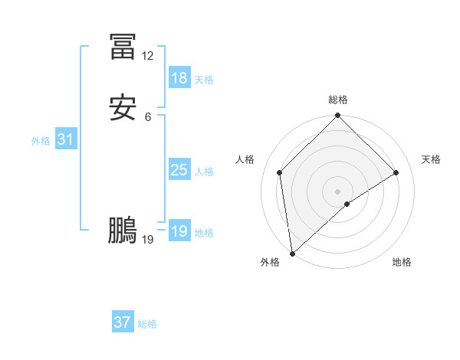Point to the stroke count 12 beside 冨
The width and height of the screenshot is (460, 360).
point(147,56)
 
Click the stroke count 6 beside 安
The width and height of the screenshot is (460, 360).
point(148,116)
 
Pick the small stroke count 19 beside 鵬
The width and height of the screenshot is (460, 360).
point(148,240)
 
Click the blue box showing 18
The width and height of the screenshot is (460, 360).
point(179,78)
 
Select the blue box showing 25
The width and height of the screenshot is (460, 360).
point(179,170)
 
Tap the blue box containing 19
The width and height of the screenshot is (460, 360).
point(179,231)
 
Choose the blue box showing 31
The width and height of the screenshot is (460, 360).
point(65,139)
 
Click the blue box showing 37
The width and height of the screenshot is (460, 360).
point(122,322)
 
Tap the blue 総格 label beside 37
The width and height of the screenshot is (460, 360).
point(147,324)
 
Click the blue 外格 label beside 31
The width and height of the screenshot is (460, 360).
point(41,141)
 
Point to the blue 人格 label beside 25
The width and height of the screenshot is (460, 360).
point(205,172)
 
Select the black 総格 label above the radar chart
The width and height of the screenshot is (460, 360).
point(338,100)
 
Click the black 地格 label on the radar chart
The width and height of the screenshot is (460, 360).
point(402,262)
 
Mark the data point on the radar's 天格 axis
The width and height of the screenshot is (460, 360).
point(396,172)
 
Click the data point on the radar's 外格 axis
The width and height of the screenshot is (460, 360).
point(291,253)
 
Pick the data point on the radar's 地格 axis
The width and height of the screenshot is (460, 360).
point(347,204)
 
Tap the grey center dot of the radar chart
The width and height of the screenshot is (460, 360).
point(338,191)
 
